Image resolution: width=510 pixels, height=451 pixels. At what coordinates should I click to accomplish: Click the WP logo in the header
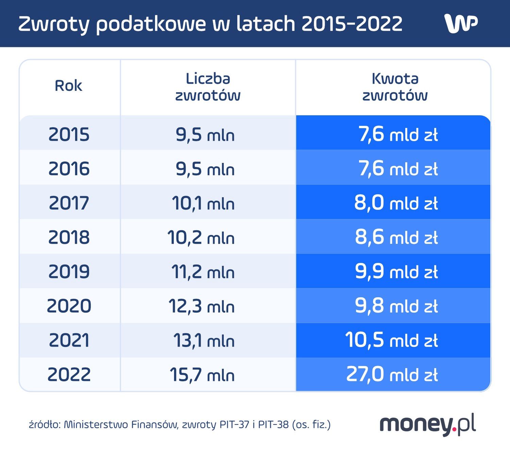click(x=461, y=23)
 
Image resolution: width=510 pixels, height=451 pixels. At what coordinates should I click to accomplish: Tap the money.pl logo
click(x=427, y=424)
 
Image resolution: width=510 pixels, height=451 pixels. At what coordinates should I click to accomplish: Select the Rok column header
click(x=68, y=86)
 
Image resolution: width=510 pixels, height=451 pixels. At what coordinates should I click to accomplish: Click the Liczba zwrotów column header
click(x=208, y=87)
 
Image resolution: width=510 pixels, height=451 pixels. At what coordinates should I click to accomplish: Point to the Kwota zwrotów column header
click(x=395, y=87)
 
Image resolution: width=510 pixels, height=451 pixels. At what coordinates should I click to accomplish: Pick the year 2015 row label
click(x=69, y=134)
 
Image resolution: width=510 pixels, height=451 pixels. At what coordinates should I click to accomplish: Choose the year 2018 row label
click(x=69, y=237)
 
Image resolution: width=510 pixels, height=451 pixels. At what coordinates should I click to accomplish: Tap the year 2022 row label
click(x=69, y=374)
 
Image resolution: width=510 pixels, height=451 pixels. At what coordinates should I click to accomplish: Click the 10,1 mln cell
click(x=203, y=203)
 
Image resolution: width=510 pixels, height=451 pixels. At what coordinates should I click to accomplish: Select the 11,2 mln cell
click(x=203, y=272)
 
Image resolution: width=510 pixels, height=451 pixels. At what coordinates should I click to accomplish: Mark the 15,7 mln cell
click(x=202, y=375)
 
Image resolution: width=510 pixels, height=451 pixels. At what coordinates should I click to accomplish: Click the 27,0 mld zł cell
click(x=392, y=374)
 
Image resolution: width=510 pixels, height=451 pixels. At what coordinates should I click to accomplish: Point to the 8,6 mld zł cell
click(x=396, y=237)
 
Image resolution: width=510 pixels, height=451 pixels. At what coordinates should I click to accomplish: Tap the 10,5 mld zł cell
click(x=391, y=340)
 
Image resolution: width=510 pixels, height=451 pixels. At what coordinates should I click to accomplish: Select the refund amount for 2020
click(x=396, y=306)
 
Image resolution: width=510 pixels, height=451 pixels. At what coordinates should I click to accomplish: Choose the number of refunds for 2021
click(x=204, y=340)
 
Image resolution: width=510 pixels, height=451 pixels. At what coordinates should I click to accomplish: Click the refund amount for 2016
click(x=398, y=169)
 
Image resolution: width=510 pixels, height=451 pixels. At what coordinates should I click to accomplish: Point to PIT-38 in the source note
click(x=273, y=424)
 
